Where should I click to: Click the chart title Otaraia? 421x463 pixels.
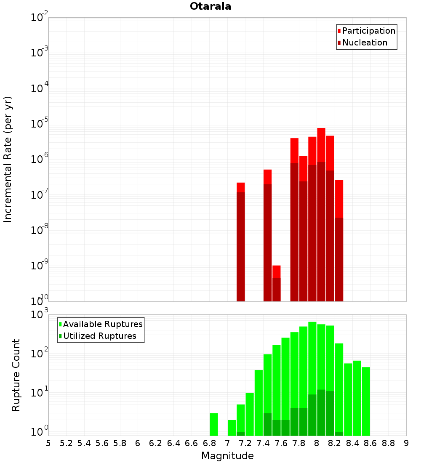click(x=210, y=7)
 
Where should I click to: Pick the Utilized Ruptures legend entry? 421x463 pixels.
click(x=99, y=336)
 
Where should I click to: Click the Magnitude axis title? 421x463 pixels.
click(x=227, y=456)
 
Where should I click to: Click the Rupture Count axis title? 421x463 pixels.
click(x=16, y=375)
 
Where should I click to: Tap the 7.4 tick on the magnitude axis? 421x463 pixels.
click(x=263, y=443)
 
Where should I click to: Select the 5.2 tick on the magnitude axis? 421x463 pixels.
click(x=66, y=443)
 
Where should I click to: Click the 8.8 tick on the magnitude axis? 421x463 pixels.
click(x=388, y=443)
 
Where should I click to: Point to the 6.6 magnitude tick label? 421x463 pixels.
click(x=192, y=443)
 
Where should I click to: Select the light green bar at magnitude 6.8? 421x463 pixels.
click(x=214, y=424)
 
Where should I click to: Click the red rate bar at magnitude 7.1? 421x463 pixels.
click(x=241, y=242)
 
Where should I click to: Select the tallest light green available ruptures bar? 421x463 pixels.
click(x=312, y=379)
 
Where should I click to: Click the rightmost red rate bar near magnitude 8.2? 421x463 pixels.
click(x=339, y=240)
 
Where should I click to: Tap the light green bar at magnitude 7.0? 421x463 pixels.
click(x=232, y=428)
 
